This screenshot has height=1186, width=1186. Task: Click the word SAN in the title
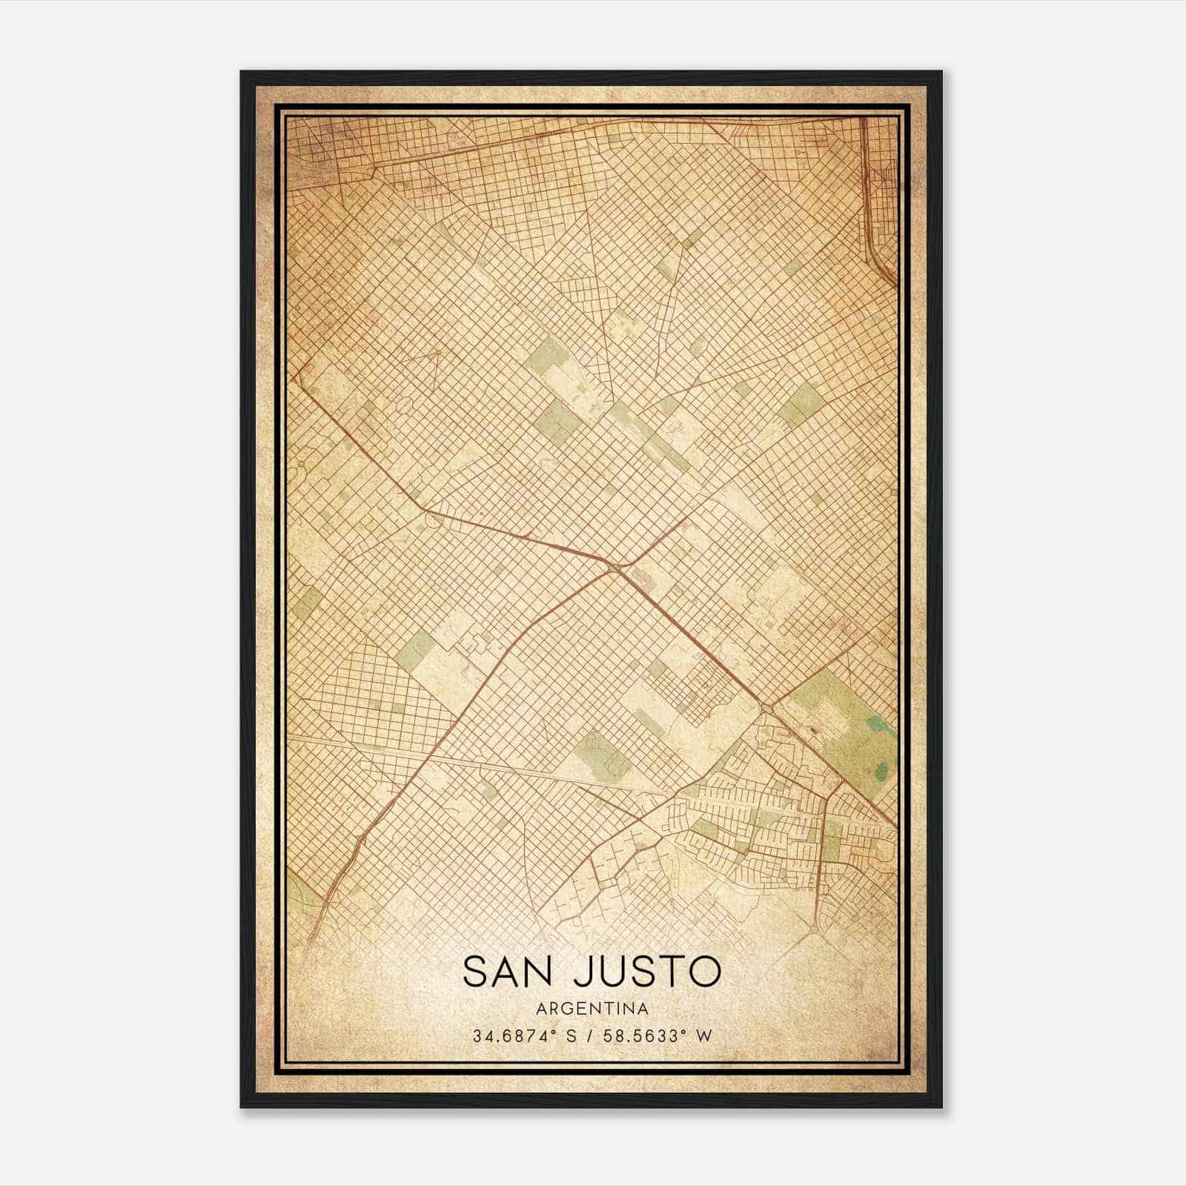[x=506, y=972]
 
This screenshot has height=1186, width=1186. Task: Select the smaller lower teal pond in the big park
[x=881, y=772]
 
